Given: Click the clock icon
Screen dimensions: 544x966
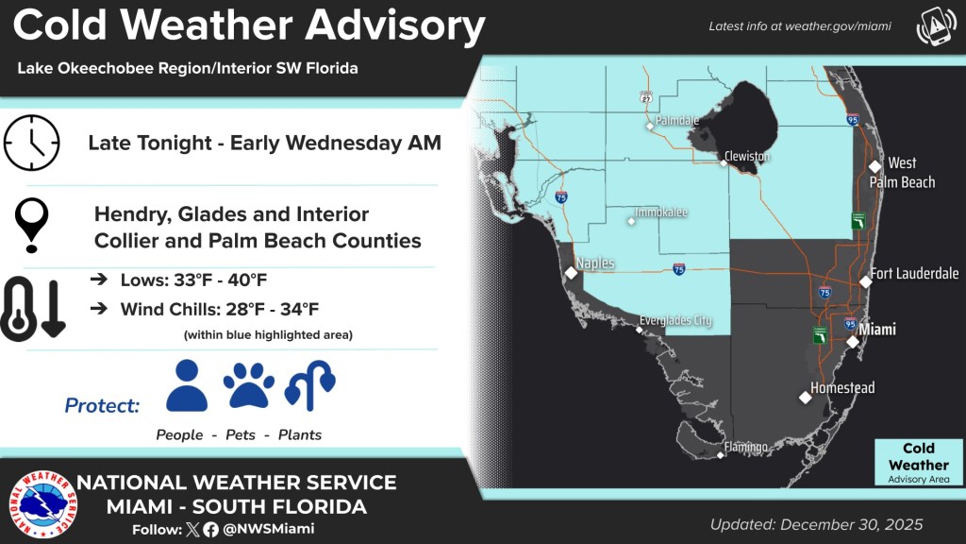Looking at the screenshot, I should (31, 143).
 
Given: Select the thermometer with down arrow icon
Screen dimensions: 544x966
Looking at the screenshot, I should (33, 308).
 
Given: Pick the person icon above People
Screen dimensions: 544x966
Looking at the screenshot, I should (186, 385).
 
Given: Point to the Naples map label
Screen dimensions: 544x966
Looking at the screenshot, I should (595, 263).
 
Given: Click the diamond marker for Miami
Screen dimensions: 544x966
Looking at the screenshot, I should (852, 342).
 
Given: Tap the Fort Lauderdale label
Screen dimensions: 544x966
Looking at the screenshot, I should (915, 274).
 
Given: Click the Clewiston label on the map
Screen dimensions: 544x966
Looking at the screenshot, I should (747, 156).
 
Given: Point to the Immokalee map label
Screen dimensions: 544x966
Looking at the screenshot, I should (660, 213).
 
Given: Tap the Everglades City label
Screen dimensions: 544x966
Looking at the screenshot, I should (675, 321).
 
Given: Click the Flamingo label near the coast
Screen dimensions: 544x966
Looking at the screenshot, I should (745, 447).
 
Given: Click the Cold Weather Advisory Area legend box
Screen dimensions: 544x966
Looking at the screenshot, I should (918, 463).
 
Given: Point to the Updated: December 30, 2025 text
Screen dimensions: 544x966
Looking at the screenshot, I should (817, 524).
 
